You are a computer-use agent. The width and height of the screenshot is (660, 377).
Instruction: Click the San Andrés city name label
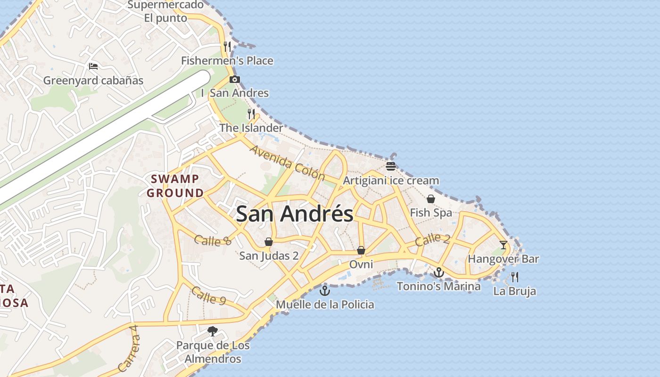point(294,214)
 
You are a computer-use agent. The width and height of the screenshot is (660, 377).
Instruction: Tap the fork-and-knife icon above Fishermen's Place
point(227,46)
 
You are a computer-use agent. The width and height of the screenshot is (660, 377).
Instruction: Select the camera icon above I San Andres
point(234,79)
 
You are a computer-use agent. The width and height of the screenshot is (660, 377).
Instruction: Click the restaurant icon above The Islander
point(251,114)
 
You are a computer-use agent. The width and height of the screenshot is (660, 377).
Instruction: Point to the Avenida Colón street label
point(287,163)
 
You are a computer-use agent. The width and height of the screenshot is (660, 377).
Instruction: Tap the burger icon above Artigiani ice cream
point(390,166)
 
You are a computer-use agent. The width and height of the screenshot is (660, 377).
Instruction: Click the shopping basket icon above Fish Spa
point(430,199)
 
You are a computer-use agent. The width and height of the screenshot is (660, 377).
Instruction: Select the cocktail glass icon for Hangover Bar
point(503,245)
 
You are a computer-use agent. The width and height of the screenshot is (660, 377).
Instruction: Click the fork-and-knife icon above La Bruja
point(514,277)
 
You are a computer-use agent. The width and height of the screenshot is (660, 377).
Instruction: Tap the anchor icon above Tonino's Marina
point(438,272)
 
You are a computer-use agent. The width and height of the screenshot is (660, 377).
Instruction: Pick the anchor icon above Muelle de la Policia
point(324,290)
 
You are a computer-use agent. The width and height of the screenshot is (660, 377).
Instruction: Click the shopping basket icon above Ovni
point(361,250)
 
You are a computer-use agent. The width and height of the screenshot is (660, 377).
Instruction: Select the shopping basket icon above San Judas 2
point(268,242)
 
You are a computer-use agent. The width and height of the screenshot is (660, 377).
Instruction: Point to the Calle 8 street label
point(213,240)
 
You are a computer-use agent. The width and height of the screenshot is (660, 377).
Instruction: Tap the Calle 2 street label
point(432,239)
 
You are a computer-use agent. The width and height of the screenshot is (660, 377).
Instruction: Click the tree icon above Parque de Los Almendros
point(213,331)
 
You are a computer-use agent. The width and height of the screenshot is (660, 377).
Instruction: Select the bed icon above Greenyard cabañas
point(93,66)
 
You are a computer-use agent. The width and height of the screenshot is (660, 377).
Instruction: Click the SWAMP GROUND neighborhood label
point(175,186)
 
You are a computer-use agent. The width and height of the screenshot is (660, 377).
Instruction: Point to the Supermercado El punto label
point(165,12)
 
